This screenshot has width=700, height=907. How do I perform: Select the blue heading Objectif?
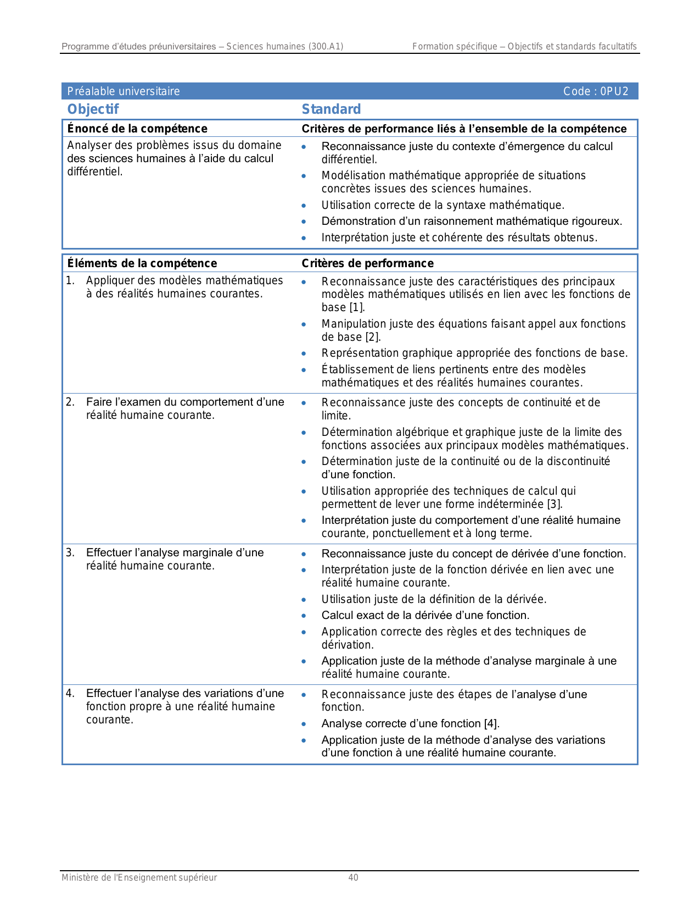tap(93, 109)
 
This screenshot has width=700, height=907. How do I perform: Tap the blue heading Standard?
tap(331, 109)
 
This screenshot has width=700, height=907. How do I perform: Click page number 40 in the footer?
tap(353, 878)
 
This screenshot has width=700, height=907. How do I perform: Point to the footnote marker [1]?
tap(357, 307)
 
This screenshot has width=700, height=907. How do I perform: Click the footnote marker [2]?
tap(373, 337)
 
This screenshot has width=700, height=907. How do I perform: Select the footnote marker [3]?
tap(555, 504)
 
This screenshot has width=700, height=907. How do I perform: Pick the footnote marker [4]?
tap(491, 723)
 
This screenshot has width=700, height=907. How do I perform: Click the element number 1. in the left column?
tap(70, 280)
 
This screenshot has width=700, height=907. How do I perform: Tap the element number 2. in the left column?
tap(70, 402)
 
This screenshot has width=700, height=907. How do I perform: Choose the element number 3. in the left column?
tap(70, 552)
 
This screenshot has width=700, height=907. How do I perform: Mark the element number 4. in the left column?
tap(70, 693)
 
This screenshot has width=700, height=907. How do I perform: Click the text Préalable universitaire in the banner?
tap(124, 91)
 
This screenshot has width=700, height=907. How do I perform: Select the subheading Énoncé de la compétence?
tap(137, 129)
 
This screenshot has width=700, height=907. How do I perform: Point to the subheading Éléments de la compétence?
tap(142, 263)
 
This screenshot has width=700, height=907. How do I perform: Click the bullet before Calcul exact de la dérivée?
tap(304, 616)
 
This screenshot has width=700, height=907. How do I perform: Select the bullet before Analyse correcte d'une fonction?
tap(304, 725)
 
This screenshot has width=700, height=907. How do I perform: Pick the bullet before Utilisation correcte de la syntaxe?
tap(304, 206)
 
